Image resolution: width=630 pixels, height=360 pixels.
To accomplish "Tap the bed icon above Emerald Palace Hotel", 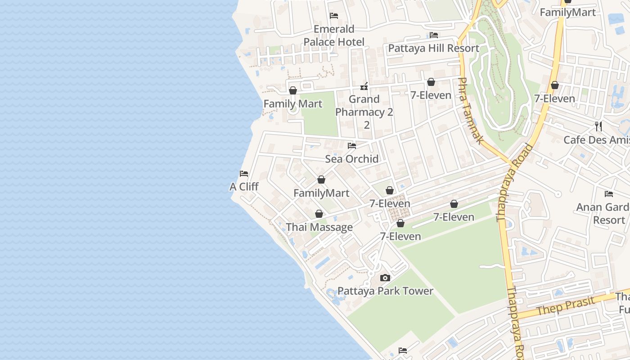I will tap(334, 16).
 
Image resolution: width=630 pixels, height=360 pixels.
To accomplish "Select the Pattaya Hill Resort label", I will tap(433, 48).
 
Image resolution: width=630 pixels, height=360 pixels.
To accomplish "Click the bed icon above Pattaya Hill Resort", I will tap(434, 35).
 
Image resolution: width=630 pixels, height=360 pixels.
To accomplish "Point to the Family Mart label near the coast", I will tap(292, 104).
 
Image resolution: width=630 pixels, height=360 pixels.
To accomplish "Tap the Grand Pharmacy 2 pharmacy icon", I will tap(364, 85).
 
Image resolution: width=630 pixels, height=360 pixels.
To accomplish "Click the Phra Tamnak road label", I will tap(470, 111).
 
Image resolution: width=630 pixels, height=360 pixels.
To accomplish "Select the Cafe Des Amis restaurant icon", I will tap(598, 126).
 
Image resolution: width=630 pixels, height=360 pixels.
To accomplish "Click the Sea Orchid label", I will tap(351, 159).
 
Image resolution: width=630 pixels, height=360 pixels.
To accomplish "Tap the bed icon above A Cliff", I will tap(244, 173).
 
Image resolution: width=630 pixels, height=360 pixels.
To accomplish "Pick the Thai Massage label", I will tap(319, 227).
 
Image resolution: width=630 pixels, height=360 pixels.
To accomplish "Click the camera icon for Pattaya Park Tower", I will tap(385, 278).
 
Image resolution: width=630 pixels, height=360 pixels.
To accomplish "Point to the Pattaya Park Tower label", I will tap(385, 291).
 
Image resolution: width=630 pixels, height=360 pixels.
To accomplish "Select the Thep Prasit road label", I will tap(571, 306).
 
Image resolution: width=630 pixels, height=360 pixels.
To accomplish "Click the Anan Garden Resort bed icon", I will tap(609, 194).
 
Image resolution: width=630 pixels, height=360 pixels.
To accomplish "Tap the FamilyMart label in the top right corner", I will tap(567, 13).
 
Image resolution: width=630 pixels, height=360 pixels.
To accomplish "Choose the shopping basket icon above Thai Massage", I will tap(319, 214).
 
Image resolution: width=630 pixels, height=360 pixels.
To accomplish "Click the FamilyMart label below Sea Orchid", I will tap(321, 193).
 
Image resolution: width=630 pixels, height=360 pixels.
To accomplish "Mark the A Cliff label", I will tap(244, 187).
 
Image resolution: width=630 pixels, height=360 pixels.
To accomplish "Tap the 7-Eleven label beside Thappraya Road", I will tap(554, 99).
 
